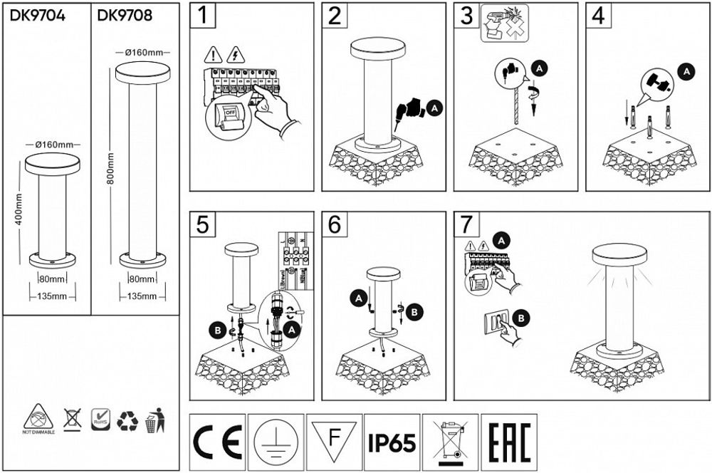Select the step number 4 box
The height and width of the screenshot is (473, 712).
[598, 16]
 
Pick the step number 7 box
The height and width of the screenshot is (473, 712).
[466, 224]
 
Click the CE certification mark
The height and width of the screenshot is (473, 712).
[217, 442]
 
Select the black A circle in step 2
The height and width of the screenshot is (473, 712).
[435, 108]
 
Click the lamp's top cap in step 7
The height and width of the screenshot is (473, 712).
[620, 253]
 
